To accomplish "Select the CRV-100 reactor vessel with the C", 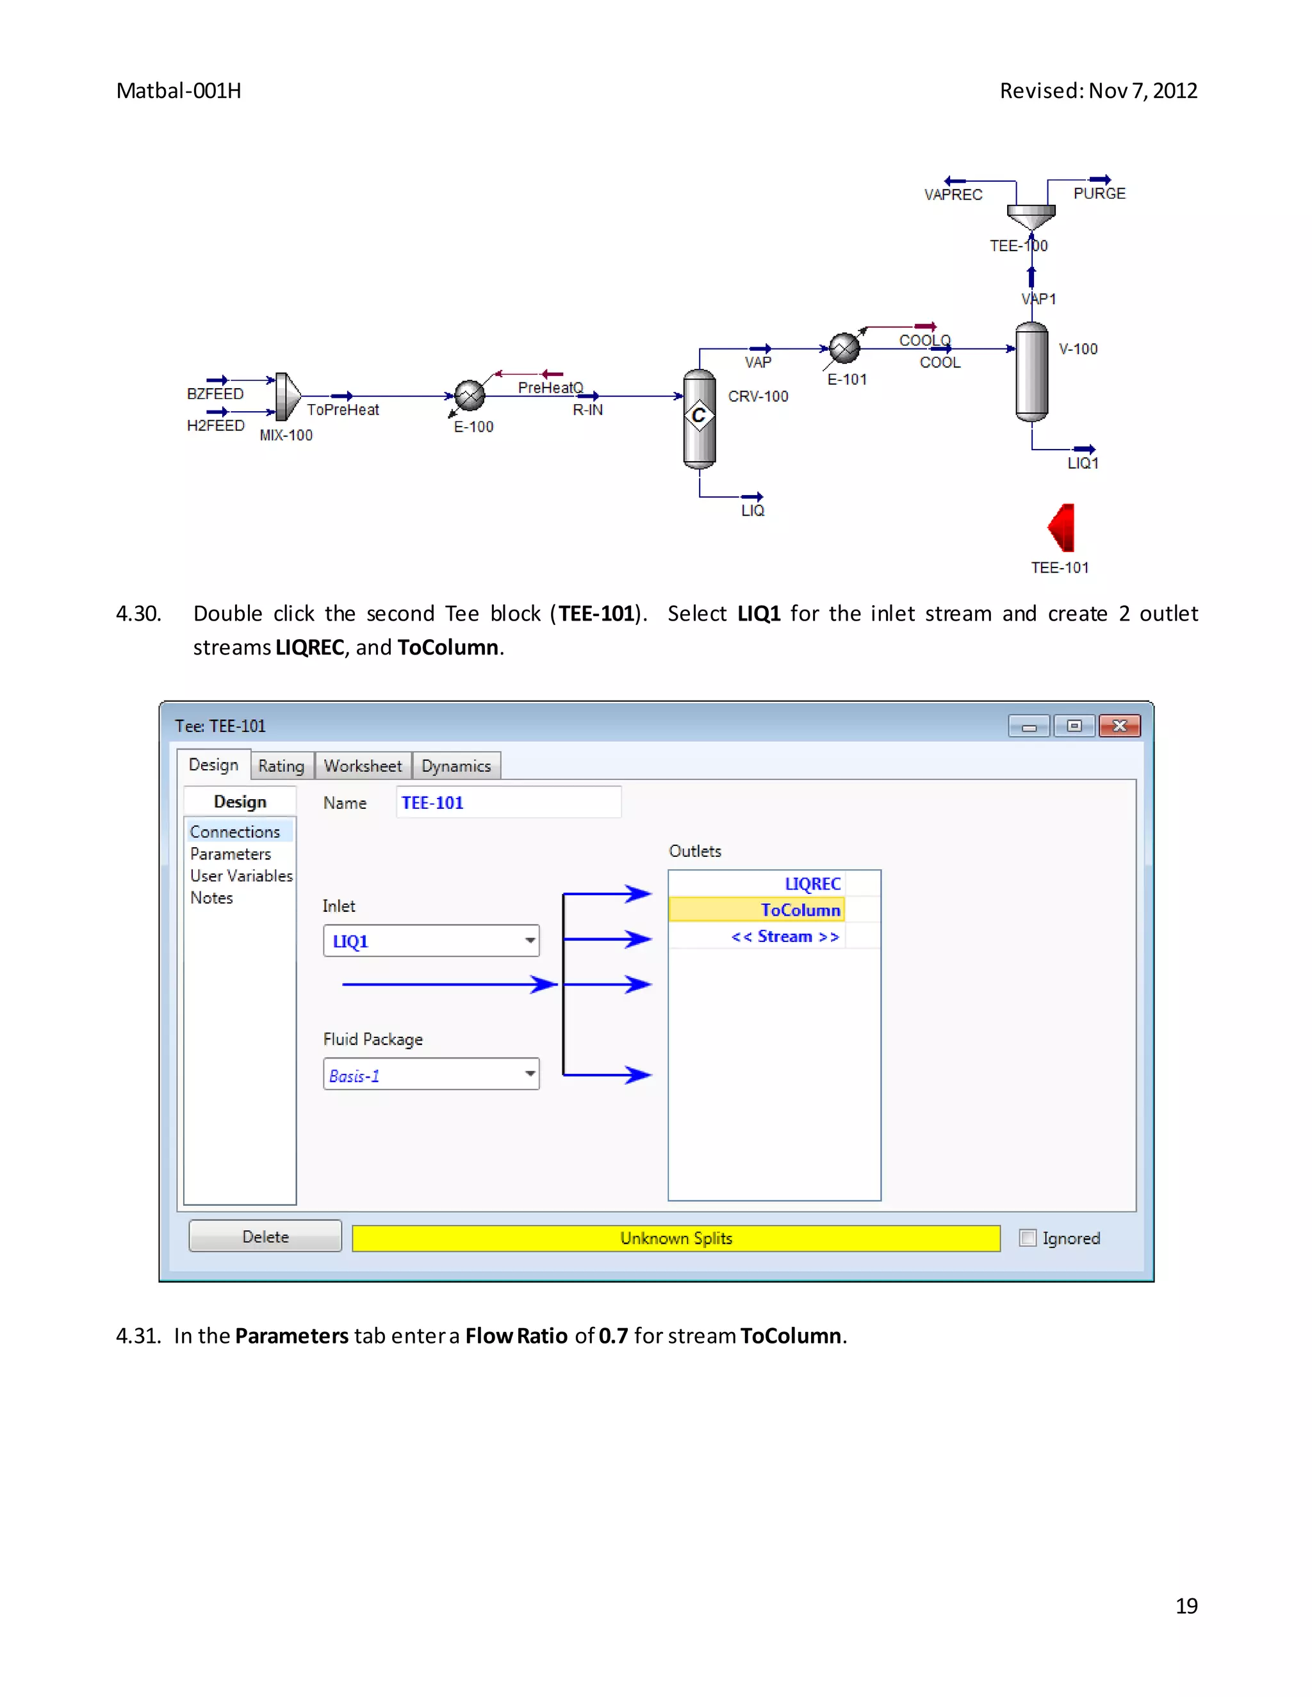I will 699,419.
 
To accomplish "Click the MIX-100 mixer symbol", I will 287,396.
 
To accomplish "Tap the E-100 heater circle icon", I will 470,396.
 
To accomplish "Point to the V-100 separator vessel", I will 1031,372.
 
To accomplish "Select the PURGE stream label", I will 1099,193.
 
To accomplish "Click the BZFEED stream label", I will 215,394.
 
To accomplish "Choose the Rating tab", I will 281,766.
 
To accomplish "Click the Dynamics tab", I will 456,766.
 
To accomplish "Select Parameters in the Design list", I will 231,854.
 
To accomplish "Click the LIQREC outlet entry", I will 812,884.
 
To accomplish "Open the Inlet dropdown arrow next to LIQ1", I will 530,941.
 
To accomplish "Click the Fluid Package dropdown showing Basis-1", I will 431,1075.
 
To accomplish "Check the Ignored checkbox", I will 1028,1238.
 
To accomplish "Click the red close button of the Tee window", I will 1119,726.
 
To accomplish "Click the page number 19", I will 1186,1606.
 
